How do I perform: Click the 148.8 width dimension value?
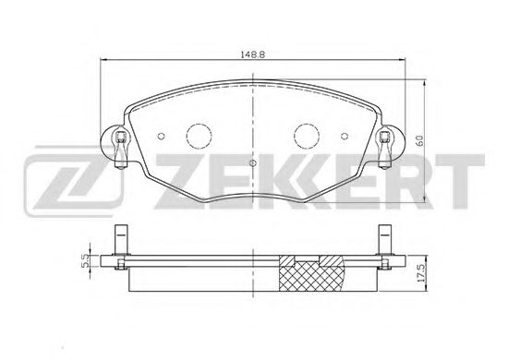point(252,54)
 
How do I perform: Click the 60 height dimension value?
point(419,141)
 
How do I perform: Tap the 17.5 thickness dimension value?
point(420,272)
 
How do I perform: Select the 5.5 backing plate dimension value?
point(86,260)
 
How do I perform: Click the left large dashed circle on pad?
point(199,137)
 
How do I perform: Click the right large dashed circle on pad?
point(307,137)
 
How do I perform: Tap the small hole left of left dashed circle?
point(161,137)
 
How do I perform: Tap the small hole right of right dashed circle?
point(345,137)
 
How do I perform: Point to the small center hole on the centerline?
point(253,163)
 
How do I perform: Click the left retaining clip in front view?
point(120,150)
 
